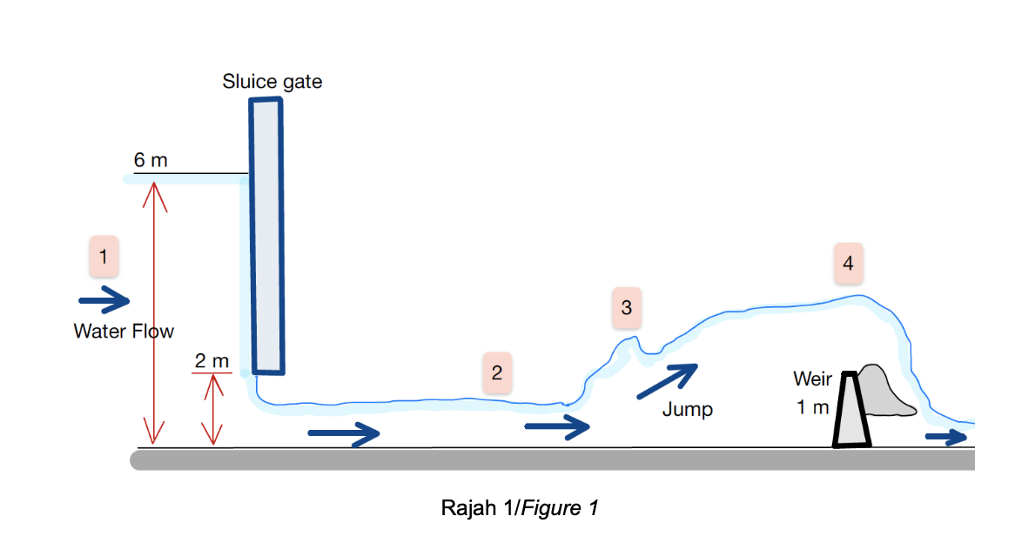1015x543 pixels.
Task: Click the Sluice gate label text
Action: click(272, 82)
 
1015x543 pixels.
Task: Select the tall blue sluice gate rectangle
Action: click(266, 235)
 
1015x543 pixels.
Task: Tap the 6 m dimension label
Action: click(150, 160)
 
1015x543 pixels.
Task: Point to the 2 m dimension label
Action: click(212, 360)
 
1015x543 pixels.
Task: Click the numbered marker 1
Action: click(104, 257)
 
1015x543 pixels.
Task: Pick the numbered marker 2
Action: click(496, 372)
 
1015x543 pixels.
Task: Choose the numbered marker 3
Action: click(626, 307)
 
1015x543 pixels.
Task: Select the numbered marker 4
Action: click(848, 263)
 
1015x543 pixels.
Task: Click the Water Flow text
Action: click(124, 331)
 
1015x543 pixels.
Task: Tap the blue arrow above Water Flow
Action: click(104, 300)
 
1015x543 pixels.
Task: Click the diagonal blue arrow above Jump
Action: click(668, 381)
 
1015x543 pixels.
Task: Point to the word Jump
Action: click(687, 409)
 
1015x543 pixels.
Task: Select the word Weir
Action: click(812, 379)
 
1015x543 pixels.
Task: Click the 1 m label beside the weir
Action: click(812, 406)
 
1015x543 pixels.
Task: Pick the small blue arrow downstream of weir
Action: click(945, 437)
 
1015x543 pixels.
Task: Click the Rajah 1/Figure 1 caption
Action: click(520, 507)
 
